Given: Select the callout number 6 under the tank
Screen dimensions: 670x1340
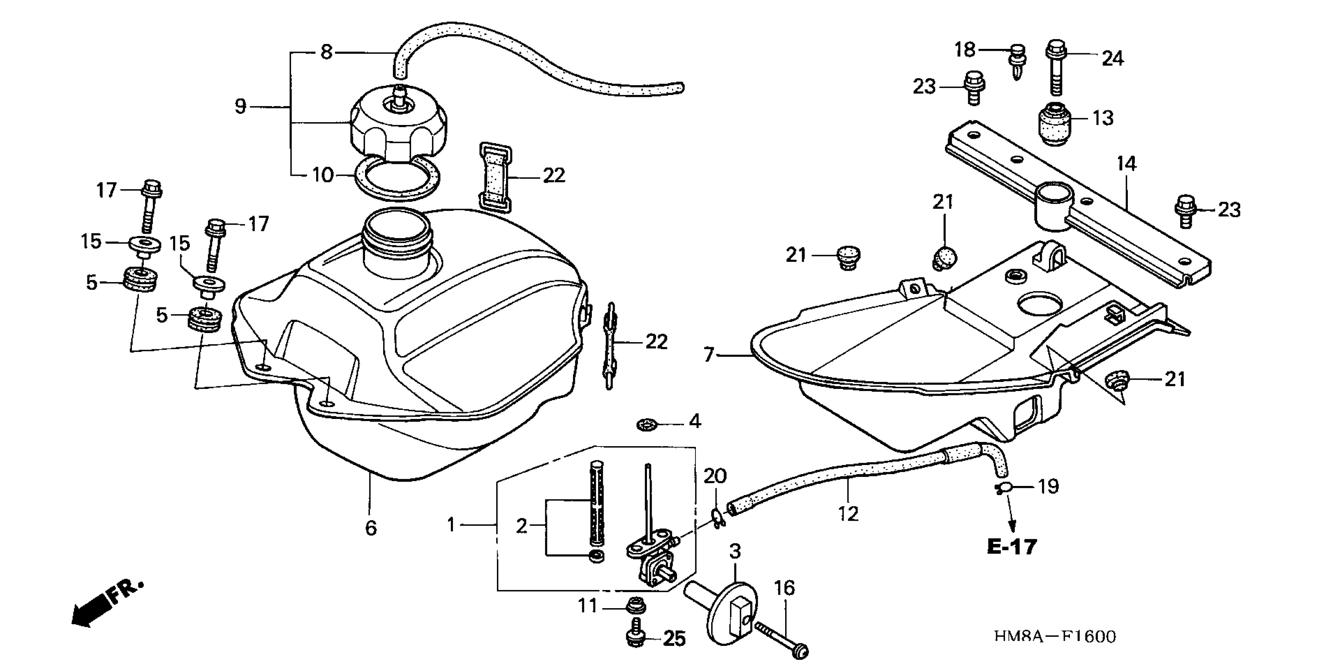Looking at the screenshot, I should tap(371, 528).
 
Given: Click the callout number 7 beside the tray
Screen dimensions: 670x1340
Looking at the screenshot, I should tap(708, 355).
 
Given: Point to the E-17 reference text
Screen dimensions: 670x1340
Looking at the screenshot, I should tap(1012, 547).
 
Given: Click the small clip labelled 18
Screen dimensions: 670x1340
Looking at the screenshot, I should tap(1016, 61).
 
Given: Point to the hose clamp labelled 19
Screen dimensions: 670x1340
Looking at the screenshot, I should tap(1003, 488).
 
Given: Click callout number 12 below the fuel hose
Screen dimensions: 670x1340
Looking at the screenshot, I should tap(848, 514).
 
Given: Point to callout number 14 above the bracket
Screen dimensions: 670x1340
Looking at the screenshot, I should tap(1126, 164).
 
